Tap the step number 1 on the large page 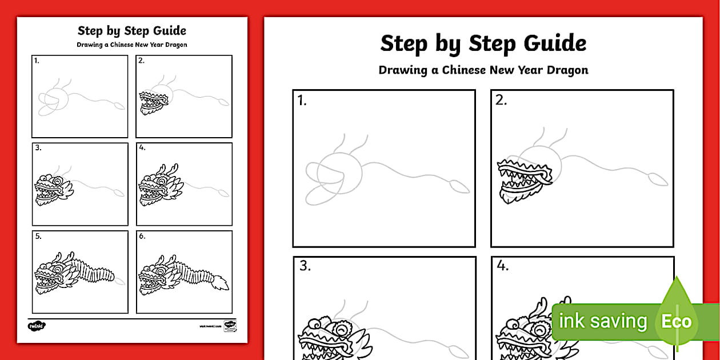click(x=302, y=102)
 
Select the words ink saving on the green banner click(x=603, y=321)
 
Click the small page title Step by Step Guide click(x=132, y=31)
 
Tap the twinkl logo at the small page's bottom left click(x=36, y=326)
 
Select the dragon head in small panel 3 click(x=53, y=188)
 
